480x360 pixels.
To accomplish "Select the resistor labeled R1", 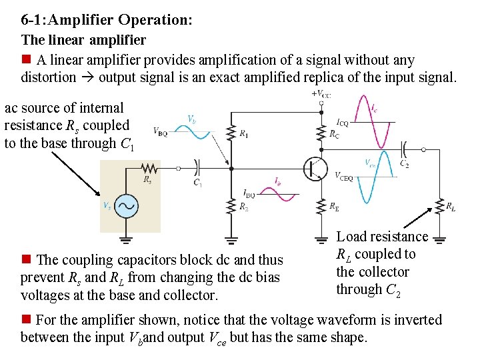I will point(231,133).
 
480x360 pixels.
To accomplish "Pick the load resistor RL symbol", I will point(440,205).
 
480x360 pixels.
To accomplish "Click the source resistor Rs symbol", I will point(149,169).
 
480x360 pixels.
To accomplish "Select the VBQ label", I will point(160,131).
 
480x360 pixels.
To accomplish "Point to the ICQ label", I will point(342,123).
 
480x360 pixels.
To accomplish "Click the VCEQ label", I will point(343,177).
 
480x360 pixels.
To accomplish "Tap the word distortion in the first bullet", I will point(49,77).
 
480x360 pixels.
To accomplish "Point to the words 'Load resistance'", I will point(382,237).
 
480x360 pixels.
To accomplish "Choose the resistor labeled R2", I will point(231,205).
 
